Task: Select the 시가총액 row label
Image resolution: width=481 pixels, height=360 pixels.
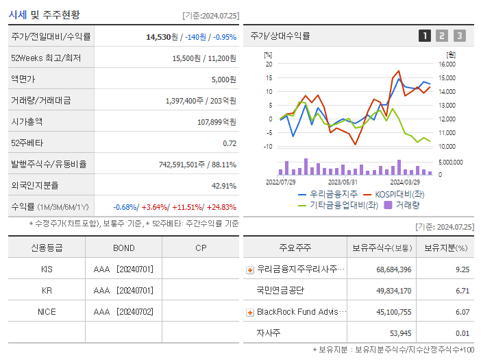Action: point(27,122)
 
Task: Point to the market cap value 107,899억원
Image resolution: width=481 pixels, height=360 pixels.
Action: point(217,122)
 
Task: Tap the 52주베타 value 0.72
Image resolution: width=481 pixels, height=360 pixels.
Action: point(230,143)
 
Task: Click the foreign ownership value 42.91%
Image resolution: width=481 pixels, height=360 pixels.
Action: point(224,186)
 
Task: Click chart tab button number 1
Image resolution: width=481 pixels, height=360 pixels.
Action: point(425,36)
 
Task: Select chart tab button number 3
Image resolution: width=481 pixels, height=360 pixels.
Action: point(459,36)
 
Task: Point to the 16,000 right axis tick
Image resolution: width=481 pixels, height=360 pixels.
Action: point(446,64)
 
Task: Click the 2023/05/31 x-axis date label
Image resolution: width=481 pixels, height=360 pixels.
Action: point(343,182)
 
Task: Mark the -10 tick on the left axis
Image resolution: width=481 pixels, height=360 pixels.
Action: point(268,147)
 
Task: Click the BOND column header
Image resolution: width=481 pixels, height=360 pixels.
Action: point(123,248)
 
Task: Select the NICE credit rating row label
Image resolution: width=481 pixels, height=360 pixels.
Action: point(47,312)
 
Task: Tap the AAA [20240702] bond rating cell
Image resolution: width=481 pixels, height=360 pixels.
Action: point(123,312)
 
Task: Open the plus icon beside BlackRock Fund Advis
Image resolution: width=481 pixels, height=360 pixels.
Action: point(250,312)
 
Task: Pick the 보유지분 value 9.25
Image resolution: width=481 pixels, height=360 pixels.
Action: point(463,269)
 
